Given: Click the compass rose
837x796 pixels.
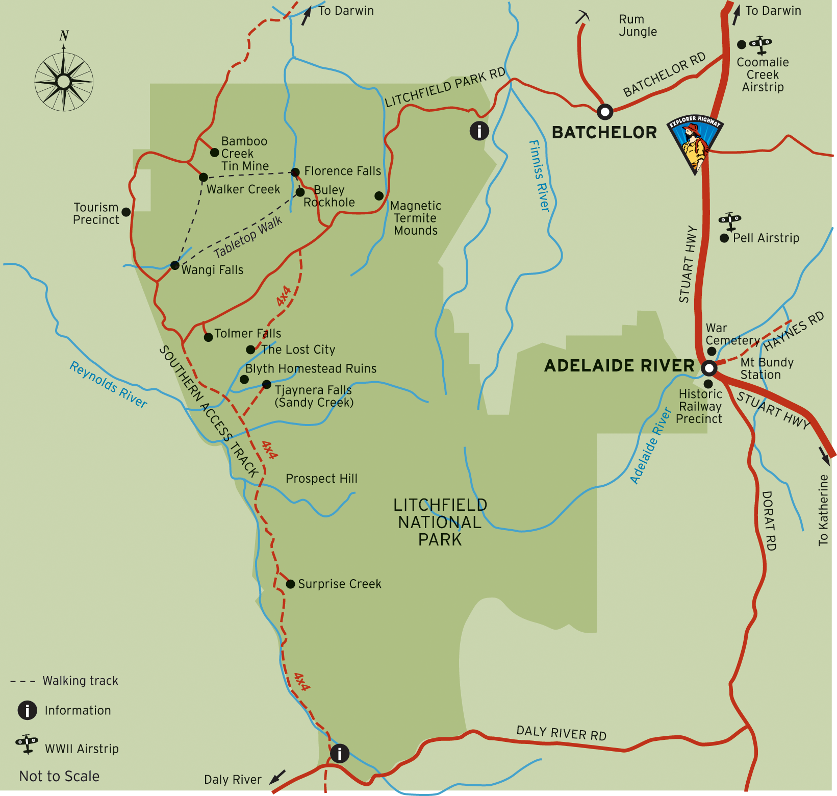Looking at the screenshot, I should pos(64,81).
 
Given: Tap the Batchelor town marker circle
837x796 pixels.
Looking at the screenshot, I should pos(604,111).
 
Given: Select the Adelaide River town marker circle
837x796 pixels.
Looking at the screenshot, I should pos(709,368).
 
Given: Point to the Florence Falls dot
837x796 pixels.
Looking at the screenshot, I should pos(295,172).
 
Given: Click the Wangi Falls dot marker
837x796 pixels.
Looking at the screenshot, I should pos(174,265).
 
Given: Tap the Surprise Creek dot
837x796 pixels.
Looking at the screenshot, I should pos(290,584).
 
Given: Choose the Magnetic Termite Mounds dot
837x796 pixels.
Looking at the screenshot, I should pos(379,196).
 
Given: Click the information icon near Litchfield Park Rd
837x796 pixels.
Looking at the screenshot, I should pos(479,131).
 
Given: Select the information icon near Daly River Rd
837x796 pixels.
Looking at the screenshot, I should pos(339,753).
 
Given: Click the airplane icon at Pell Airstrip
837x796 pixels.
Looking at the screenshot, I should pos(730,221).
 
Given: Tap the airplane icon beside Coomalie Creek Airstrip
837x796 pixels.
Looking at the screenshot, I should pos(760,45).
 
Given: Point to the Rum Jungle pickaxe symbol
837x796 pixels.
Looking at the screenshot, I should pos(582,17).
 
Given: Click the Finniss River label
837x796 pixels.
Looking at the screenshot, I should pos(539,176).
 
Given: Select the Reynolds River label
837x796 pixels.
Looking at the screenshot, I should pos(108,384).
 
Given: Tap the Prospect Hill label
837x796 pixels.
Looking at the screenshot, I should pos(321,479).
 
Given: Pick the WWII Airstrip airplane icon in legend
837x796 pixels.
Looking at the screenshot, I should pos(27,744).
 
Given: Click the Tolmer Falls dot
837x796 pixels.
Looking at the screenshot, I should pos(208,337).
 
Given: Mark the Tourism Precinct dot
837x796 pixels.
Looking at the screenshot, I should pos(126,212).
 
